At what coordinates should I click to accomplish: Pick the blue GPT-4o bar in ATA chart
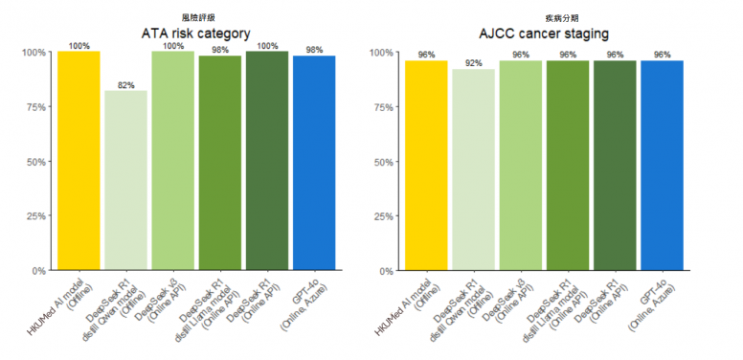[314, 163]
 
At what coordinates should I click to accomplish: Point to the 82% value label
[125, 85]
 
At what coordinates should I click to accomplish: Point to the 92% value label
[473, 64]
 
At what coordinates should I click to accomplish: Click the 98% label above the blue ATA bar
[314, 50]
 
